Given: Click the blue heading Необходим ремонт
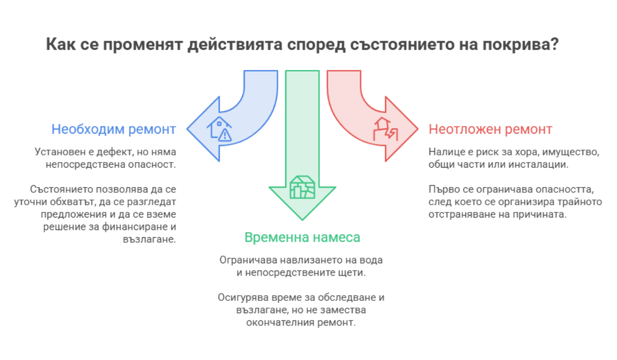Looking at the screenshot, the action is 114,129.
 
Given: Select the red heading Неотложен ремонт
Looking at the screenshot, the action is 491,129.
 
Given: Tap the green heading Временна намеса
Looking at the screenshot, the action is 302,237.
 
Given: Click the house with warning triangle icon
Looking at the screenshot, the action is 220,129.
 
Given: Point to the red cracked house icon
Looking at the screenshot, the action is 385,129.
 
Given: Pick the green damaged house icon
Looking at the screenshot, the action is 302,187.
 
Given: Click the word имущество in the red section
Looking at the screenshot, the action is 571,152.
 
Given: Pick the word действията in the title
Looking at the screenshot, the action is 235,45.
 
